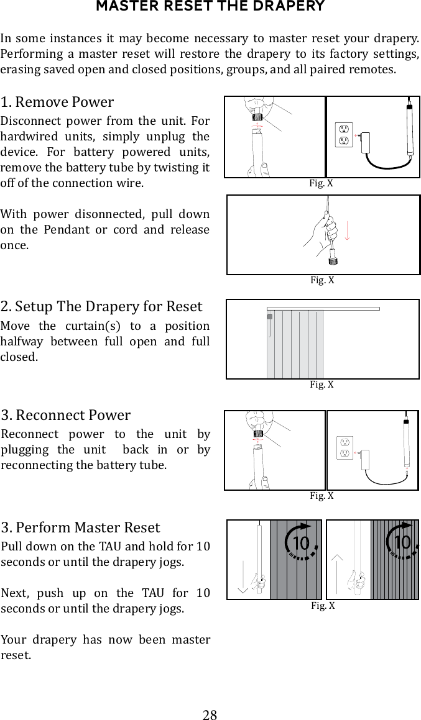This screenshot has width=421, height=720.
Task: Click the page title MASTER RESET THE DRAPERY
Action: pyautogui.click(x=210, y=7)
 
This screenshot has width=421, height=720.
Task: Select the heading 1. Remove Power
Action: pyautogui.click(x=57, y=102)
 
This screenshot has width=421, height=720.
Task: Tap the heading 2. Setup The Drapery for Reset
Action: pyautogui.click(x=101, y=307)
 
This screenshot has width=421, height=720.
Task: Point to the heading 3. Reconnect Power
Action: pyautogui.click(x=66, y=415)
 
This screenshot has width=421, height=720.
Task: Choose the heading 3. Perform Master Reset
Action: pyautogui.click(x=80, y=528)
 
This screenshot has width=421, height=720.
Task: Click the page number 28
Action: pyautogui.click(x=210, y=714)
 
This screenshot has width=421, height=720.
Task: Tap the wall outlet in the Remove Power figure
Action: pyautogui.click(x=343, y=135)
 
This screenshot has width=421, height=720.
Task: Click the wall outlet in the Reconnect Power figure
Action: pyautogui.click(x=344, y=449)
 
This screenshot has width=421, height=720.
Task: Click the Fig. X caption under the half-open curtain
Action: pyautogui.click(x=322, y=385)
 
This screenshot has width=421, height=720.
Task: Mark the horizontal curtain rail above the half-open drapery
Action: pyautogui.click(x=323, y=308)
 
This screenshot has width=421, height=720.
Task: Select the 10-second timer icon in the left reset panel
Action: pyautogui.click(x=301, y=543)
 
